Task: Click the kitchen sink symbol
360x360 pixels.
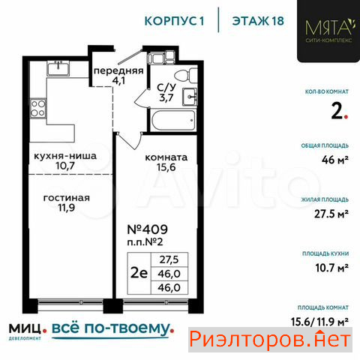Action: coord(58,68)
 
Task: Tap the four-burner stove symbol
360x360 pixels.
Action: coord(38,108)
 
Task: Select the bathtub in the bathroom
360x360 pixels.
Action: coord(172,121)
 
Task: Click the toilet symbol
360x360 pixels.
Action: coord(186,75)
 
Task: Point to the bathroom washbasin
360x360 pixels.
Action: coord(190,97)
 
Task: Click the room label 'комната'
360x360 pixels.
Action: coord(166,157)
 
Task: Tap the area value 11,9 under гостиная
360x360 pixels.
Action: coord(67,208)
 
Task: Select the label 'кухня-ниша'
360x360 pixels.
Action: coord(65,156)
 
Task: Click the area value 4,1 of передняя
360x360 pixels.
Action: coord(118,80)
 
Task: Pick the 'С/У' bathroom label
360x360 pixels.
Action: coord(166,88)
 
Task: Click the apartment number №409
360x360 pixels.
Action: coord(148,229)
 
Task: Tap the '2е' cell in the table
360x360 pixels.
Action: coord(139,273)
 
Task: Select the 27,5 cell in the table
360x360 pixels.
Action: coord(169,259)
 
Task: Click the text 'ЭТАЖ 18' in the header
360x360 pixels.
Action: coord(258,21)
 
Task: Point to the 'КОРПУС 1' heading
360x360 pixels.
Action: coord(175,21)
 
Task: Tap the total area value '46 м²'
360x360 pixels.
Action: coord(335,160)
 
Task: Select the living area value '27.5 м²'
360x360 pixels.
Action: coord(331,214)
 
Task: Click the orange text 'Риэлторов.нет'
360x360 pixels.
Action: coord(270,340)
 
